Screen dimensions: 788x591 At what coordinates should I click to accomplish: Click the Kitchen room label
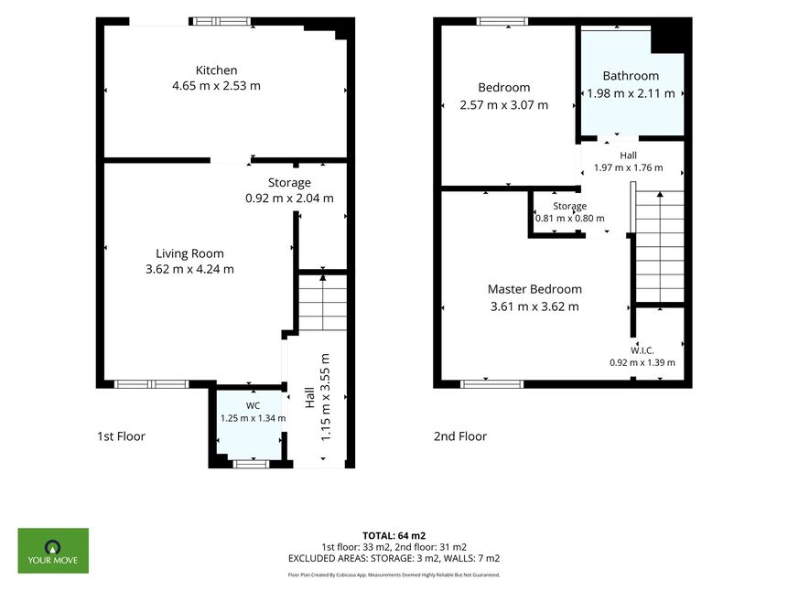[x=216, y=70]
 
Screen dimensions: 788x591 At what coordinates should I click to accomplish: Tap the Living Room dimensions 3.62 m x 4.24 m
[x=190, y=269]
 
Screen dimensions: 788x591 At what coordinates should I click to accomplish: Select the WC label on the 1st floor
[x=253, y=405]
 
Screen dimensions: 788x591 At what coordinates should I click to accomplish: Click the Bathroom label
[x=631, y=76]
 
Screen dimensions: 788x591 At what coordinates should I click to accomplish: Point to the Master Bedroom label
[x=534, y=289]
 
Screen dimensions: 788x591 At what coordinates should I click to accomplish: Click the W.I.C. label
[x=642, y=350]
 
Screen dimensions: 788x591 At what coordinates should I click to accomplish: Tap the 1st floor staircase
[x=323, y=303]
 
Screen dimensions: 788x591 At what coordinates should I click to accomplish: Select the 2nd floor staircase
[x=660, y=247]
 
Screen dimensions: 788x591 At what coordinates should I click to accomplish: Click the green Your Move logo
[x=53, y=551]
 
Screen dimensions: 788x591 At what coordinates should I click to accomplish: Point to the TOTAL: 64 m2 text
[x=394, y=536]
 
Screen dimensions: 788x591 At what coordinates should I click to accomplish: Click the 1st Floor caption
[x=121, y=436]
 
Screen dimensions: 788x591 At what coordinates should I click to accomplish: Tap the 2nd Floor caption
[x=460, y=436]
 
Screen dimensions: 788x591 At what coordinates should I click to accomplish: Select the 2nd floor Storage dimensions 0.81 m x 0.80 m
[x=570, y=219]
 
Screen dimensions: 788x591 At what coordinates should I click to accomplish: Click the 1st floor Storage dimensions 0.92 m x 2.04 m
[x=289, y=199]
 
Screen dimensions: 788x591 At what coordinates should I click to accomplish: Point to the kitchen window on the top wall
[x=221, y=21]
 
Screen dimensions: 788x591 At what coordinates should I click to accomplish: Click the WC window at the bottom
[x=252, y=464]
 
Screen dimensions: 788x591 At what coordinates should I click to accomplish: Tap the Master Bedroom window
[x=492, y=384]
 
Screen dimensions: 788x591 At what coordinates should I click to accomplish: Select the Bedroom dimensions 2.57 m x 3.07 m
[x=504, y=105]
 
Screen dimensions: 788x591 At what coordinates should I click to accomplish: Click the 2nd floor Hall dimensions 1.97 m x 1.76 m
[x=628, y=167]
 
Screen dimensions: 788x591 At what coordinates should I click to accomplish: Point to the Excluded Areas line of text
[x=394, y=558]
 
